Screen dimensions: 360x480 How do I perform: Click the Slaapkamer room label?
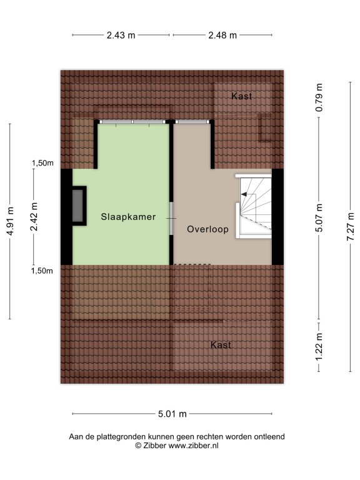coord(128,217)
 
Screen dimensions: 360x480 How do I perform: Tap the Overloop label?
coord(208,229)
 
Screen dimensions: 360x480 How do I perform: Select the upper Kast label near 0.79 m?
coord(241,96)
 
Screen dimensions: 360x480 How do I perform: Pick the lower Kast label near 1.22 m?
coord(221,345)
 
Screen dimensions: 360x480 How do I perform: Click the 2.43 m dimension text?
coord(121,36)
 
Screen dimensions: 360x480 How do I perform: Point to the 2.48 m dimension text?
coord(222,36)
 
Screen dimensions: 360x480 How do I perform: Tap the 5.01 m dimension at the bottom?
coord(172,414)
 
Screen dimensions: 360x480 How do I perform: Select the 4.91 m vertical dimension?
coord(10,221)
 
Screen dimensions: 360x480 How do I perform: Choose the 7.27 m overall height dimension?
coord(351,226)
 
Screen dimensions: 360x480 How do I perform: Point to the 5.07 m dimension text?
coord(319,217)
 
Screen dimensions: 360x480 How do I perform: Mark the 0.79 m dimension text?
coord(319,97)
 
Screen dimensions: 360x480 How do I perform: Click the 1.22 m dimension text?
coord(319,346)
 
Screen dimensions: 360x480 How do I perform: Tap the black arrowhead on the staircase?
coord(244,194)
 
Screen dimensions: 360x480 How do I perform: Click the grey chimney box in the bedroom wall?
coord(77,206)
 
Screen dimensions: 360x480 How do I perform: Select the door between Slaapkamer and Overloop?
coord(171,218)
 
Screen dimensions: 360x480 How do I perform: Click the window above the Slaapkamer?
coord(132,121)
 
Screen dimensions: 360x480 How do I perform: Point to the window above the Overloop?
coord(192,121)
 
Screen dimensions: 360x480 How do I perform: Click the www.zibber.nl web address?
coord(194,446)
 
